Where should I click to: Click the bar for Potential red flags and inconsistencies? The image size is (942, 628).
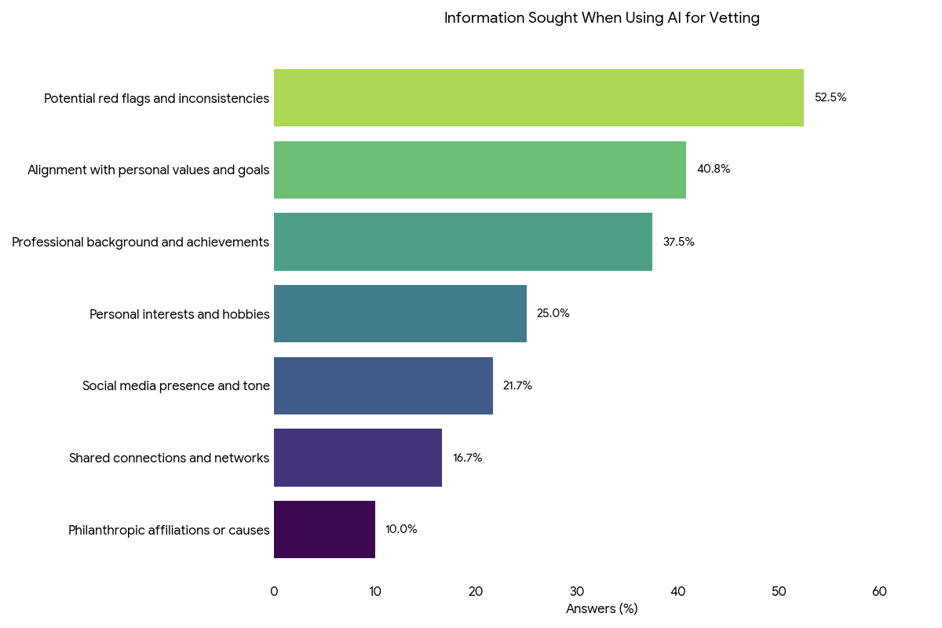pyautogui.click(x=539, y=98)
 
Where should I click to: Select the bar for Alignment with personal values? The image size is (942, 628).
pyautogui.click(x=480, y=170)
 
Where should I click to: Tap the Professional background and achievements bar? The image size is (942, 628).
pyautogui.click(x=463, y=242)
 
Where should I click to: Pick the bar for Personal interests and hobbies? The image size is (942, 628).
pyautogui.click(x=400, y=314)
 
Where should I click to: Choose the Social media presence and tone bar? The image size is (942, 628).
pyautogui.click(x=383, y=385)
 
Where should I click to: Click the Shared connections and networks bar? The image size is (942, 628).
pyautogui.click(x=358, y=458)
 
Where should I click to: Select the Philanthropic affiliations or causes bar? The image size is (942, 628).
pyautogui.click(x=324, y=530)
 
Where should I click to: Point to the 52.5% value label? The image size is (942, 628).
pyautogui.click(x=831, y=98)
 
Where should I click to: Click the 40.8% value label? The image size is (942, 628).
pyautogui.click(x=714, y=170)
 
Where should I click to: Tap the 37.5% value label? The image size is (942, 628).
pyautogui.click(x=679, y=242)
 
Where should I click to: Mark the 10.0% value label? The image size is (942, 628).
pyautogui.click(x=401, y=530)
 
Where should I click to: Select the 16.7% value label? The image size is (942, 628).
pyautogui.click(x=468, y=458)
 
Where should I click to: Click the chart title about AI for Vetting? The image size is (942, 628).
pyautogui.click(x=602, y=18)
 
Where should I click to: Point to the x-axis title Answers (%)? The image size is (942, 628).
pyautogui.click(x=602, y=609)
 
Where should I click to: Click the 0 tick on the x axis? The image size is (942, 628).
pyautogui.click(x=274, y=592)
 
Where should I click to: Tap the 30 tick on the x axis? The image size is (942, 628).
pyautogui.click(x=577, y=592)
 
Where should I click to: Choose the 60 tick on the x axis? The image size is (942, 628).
pyautogui.click(x=879, y=592)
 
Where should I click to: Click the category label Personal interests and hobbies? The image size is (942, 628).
pyautogui.click(x=180, y=315)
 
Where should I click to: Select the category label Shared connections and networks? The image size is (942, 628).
pyautogui.click(x=170, y=458)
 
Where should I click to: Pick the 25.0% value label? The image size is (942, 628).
pyautogui.click(x=553, y=314)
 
